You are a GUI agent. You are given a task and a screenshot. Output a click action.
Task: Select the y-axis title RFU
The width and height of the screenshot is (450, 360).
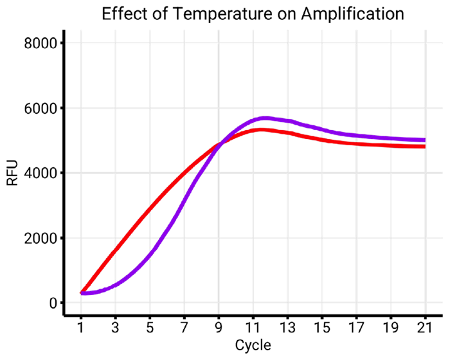[12, 174]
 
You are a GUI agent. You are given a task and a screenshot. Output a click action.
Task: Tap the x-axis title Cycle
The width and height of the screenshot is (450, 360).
[253, 345]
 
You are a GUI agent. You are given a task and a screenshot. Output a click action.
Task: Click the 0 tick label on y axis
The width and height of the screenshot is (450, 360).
[53, 303]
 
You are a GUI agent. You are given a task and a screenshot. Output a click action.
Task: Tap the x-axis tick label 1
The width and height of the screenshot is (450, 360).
[80, 327]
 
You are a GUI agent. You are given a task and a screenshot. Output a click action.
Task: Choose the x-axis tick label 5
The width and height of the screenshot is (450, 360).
[150, 327]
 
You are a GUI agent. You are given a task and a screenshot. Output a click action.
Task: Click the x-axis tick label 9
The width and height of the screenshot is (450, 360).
[219, 327]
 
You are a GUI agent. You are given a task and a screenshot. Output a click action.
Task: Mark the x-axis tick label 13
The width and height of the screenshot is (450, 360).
[287, 327]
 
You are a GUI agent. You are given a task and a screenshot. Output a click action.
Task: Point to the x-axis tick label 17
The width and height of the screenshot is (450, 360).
[356, 327]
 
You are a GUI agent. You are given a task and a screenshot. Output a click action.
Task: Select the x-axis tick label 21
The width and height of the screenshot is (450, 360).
[425, 327]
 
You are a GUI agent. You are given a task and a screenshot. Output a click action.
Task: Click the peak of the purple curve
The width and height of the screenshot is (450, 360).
[264, 118]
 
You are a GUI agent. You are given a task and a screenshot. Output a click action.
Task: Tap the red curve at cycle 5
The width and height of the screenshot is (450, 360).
[150, 208]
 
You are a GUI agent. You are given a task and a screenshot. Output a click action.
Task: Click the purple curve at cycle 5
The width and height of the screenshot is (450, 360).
[150, 252]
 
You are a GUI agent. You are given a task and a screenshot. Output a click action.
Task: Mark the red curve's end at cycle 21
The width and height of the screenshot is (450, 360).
[425, 147]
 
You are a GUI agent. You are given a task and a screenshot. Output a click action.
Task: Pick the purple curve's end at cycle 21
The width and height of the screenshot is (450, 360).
[425, 139]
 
